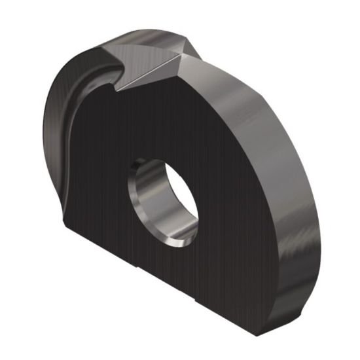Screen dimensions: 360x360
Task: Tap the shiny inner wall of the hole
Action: pyautogui.click(x=145, y=196)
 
